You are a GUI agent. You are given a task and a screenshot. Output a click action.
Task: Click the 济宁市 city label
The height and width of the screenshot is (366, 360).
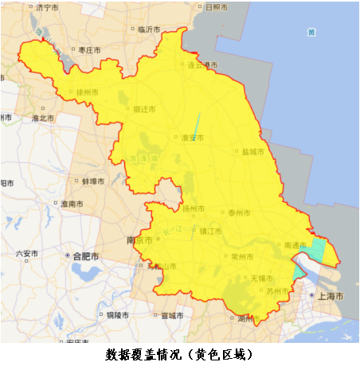[x=49, y=7]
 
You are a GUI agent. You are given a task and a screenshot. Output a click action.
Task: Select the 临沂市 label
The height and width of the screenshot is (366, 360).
[x=149, y=29]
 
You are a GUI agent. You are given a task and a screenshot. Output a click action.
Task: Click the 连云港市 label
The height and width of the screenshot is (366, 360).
[x=202, y=65]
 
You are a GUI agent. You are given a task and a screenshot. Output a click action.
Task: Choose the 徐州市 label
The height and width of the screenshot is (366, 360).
[x=87, y=92]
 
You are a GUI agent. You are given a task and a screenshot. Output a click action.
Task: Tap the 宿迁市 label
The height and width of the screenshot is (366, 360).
[x=143, y=108]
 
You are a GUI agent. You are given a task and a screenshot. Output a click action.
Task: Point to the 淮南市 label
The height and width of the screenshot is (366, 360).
[x=72, y=204]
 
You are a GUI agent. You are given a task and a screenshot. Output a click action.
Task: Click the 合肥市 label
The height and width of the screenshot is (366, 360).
[x=84, y=256]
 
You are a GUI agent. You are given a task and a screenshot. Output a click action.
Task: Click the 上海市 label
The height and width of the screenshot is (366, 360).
[x=329, y=295]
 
